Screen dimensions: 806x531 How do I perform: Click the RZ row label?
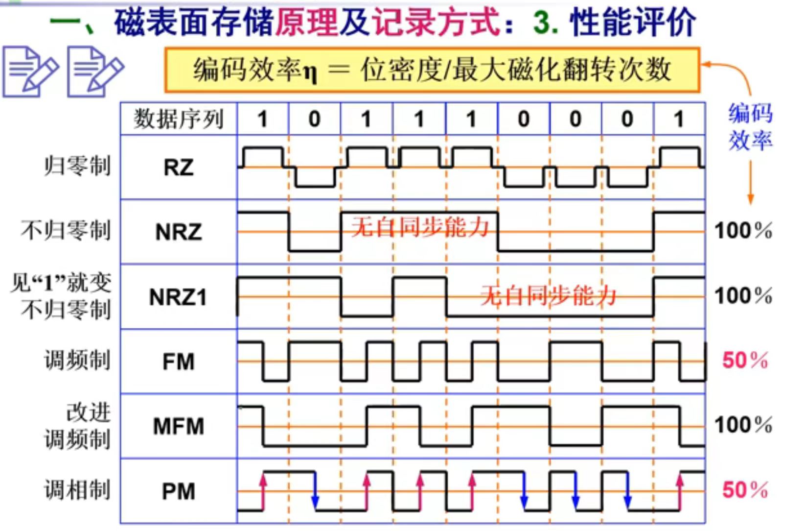pos(178,168)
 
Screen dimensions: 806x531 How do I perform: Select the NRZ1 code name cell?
pos(178,297)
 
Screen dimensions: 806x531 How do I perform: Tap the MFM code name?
pos(178,426)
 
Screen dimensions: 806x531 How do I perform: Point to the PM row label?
pos(178,491)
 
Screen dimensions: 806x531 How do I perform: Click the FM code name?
pos(178,362)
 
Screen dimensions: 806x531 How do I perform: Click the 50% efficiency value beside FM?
pos(745,361)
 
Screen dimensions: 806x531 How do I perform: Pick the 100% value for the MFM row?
pos(743,425)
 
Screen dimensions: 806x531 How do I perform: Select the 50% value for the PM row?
pos(745,490)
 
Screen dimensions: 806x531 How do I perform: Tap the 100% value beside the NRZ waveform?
pos(743,230)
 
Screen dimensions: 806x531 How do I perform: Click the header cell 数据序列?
pos(178,119)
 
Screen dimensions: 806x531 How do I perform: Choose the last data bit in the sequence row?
pos(679,119)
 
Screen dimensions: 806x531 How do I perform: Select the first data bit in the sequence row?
pos(263,119)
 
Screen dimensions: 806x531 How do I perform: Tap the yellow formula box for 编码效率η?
pos(432,70)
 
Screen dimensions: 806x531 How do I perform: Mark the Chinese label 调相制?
pos(77,489)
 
